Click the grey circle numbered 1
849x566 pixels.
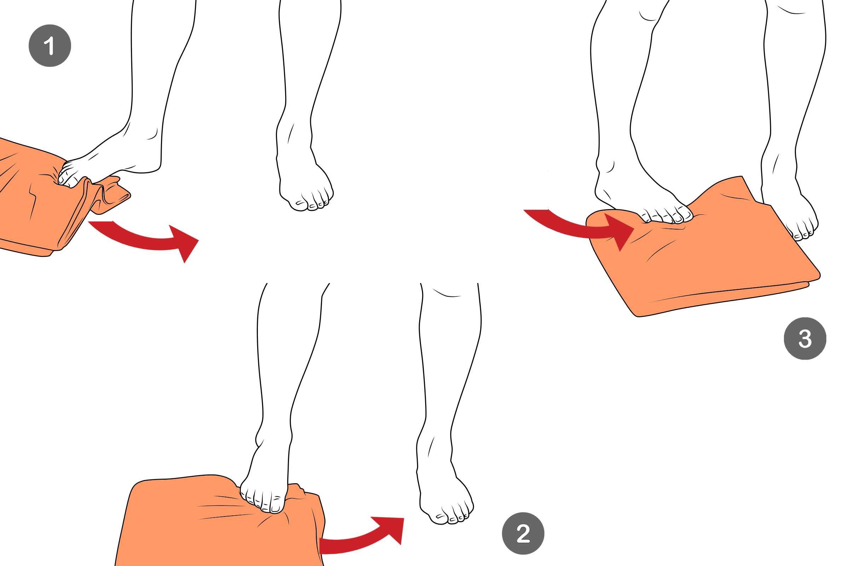click(x=50, y=46)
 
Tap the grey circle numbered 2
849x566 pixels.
click(x=523, y=533)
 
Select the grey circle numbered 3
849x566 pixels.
click(x=805, y=339)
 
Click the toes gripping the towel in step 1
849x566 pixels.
click(x=67, y=175)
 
